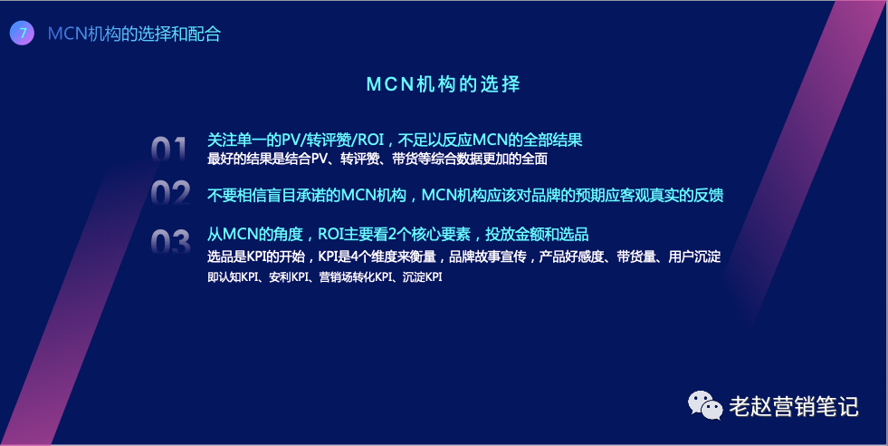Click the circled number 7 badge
(22, 33)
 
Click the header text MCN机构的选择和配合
(134, 34)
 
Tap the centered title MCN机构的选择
(444, 84)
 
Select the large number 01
(168, 150)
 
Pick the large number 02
(170, 193)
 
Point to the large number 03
(170, 242)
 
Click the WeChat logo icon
(705, 405)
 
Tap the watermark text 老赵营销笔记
(794, 406)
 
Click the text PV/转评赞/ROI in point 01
(333, 140)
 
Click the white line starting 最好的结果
(377, 159)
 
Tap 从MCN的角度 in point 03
(255, 234)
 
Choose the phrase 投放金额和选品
(537, 234)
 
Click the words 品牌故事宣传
(488, 257)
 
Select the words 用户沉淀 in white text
(694, 257)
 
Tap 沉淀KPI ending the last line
(423, 277)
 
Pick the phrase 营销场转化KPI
(356, 277)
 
